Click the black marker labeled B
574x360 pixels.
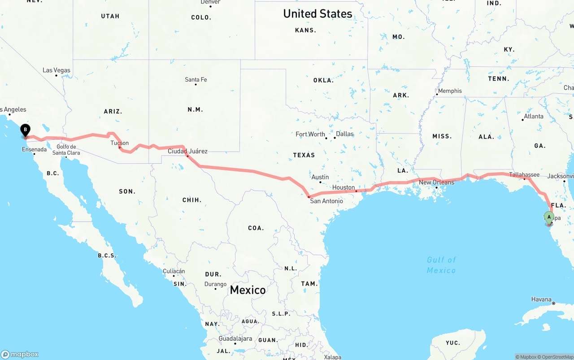click(x=26, y=130)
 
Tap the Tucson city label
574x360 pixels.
click(x=120, y=143)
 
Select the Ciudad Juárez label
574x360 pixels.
click(x=187, y=152)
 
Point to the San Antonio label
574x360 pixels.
click(x=326, y=201)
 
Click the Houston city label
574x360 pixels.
click(x=344, y=187)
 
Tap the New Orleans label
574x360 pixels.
click(x=436, y=182)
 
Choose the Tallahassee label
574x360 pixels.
click(x=524, y=175)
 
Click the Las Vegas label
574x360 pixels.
click(x=57, y=70)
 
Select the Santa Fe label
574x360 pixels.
click(x=196, y=80)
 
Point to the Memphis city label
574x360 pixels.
click(x=450, y=91)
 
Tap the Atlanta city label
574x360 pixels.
click(x=534, y=117)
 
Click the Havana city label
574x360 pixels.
click(x=541, y=299)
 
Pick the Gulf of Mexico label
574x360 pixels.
click(x=441, y=265)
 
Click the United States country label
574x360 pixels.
click(x=317, y=14)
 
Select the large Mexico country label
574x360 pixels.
click(x=248, y=290)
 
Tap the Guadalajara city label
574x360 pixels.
click(x=235, y=339)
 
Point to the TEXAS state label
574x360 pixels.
click(x=304, y=155)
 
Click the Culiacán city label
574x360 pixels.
click(x=174, y=271)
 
